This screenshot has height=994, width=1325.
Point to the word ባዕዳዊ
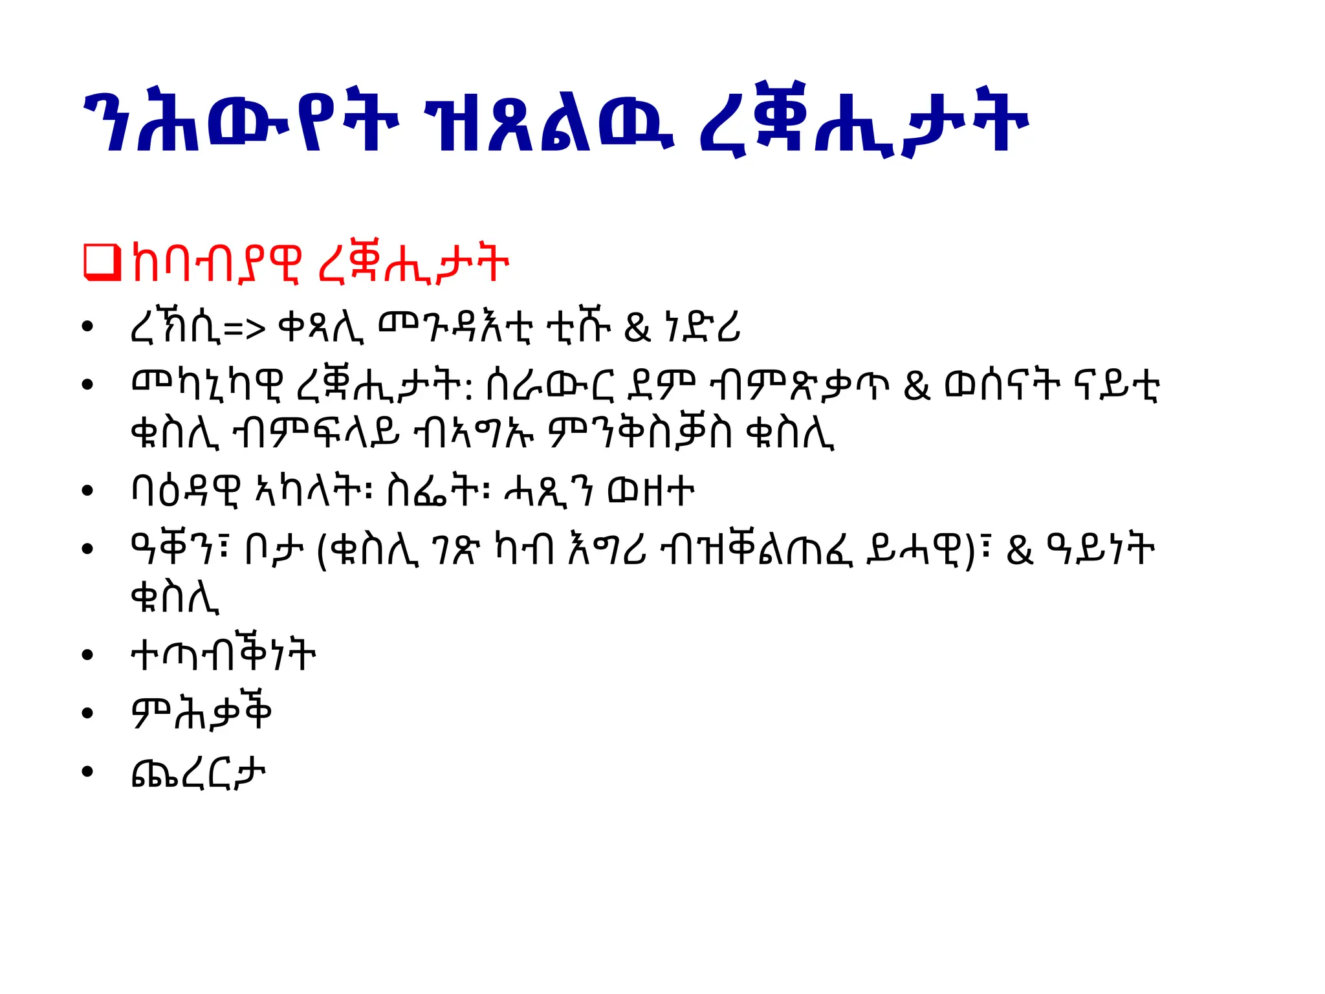pyautogui.click(x=186, y=491)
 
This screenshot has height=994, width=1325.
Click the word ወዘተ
pyautogui.click(x=651, y=491)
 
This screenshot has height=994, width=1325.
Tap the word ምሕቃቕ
pyautogui.click(x=201, y=712)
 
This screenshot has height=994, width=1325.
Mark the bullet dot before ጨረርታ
pyautogui.click(x=88, y=772)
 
